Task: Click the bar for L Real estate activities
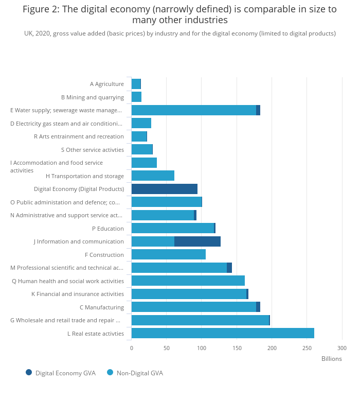(223, 333)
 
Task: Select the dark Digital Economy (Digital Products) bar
(164, 189)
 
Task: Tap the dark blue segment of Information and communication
(197, 241)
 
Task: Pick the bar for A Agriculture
(136, 84)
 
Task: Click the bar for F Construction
(168, 254)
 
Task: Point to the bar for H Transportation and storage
(153, 176)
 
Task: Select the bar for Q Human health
(188, 281)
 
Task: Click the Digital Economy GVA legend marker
(29, 372)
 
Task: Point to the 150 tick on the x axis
(237, 348)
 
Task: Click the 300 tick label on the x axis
(342, 348)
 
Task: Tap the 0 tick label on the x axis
(132, 348)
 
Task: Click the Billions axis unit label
(331, 359)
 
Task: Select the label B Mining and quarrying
(93, 97)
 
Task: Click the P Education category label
(108, 229)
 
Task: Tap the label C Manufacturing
(102, 307)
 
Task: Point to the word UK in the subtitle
(29, 33)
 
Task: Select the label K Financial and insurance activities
(78, 294)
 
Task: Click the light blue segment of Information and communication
(153, 241)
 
